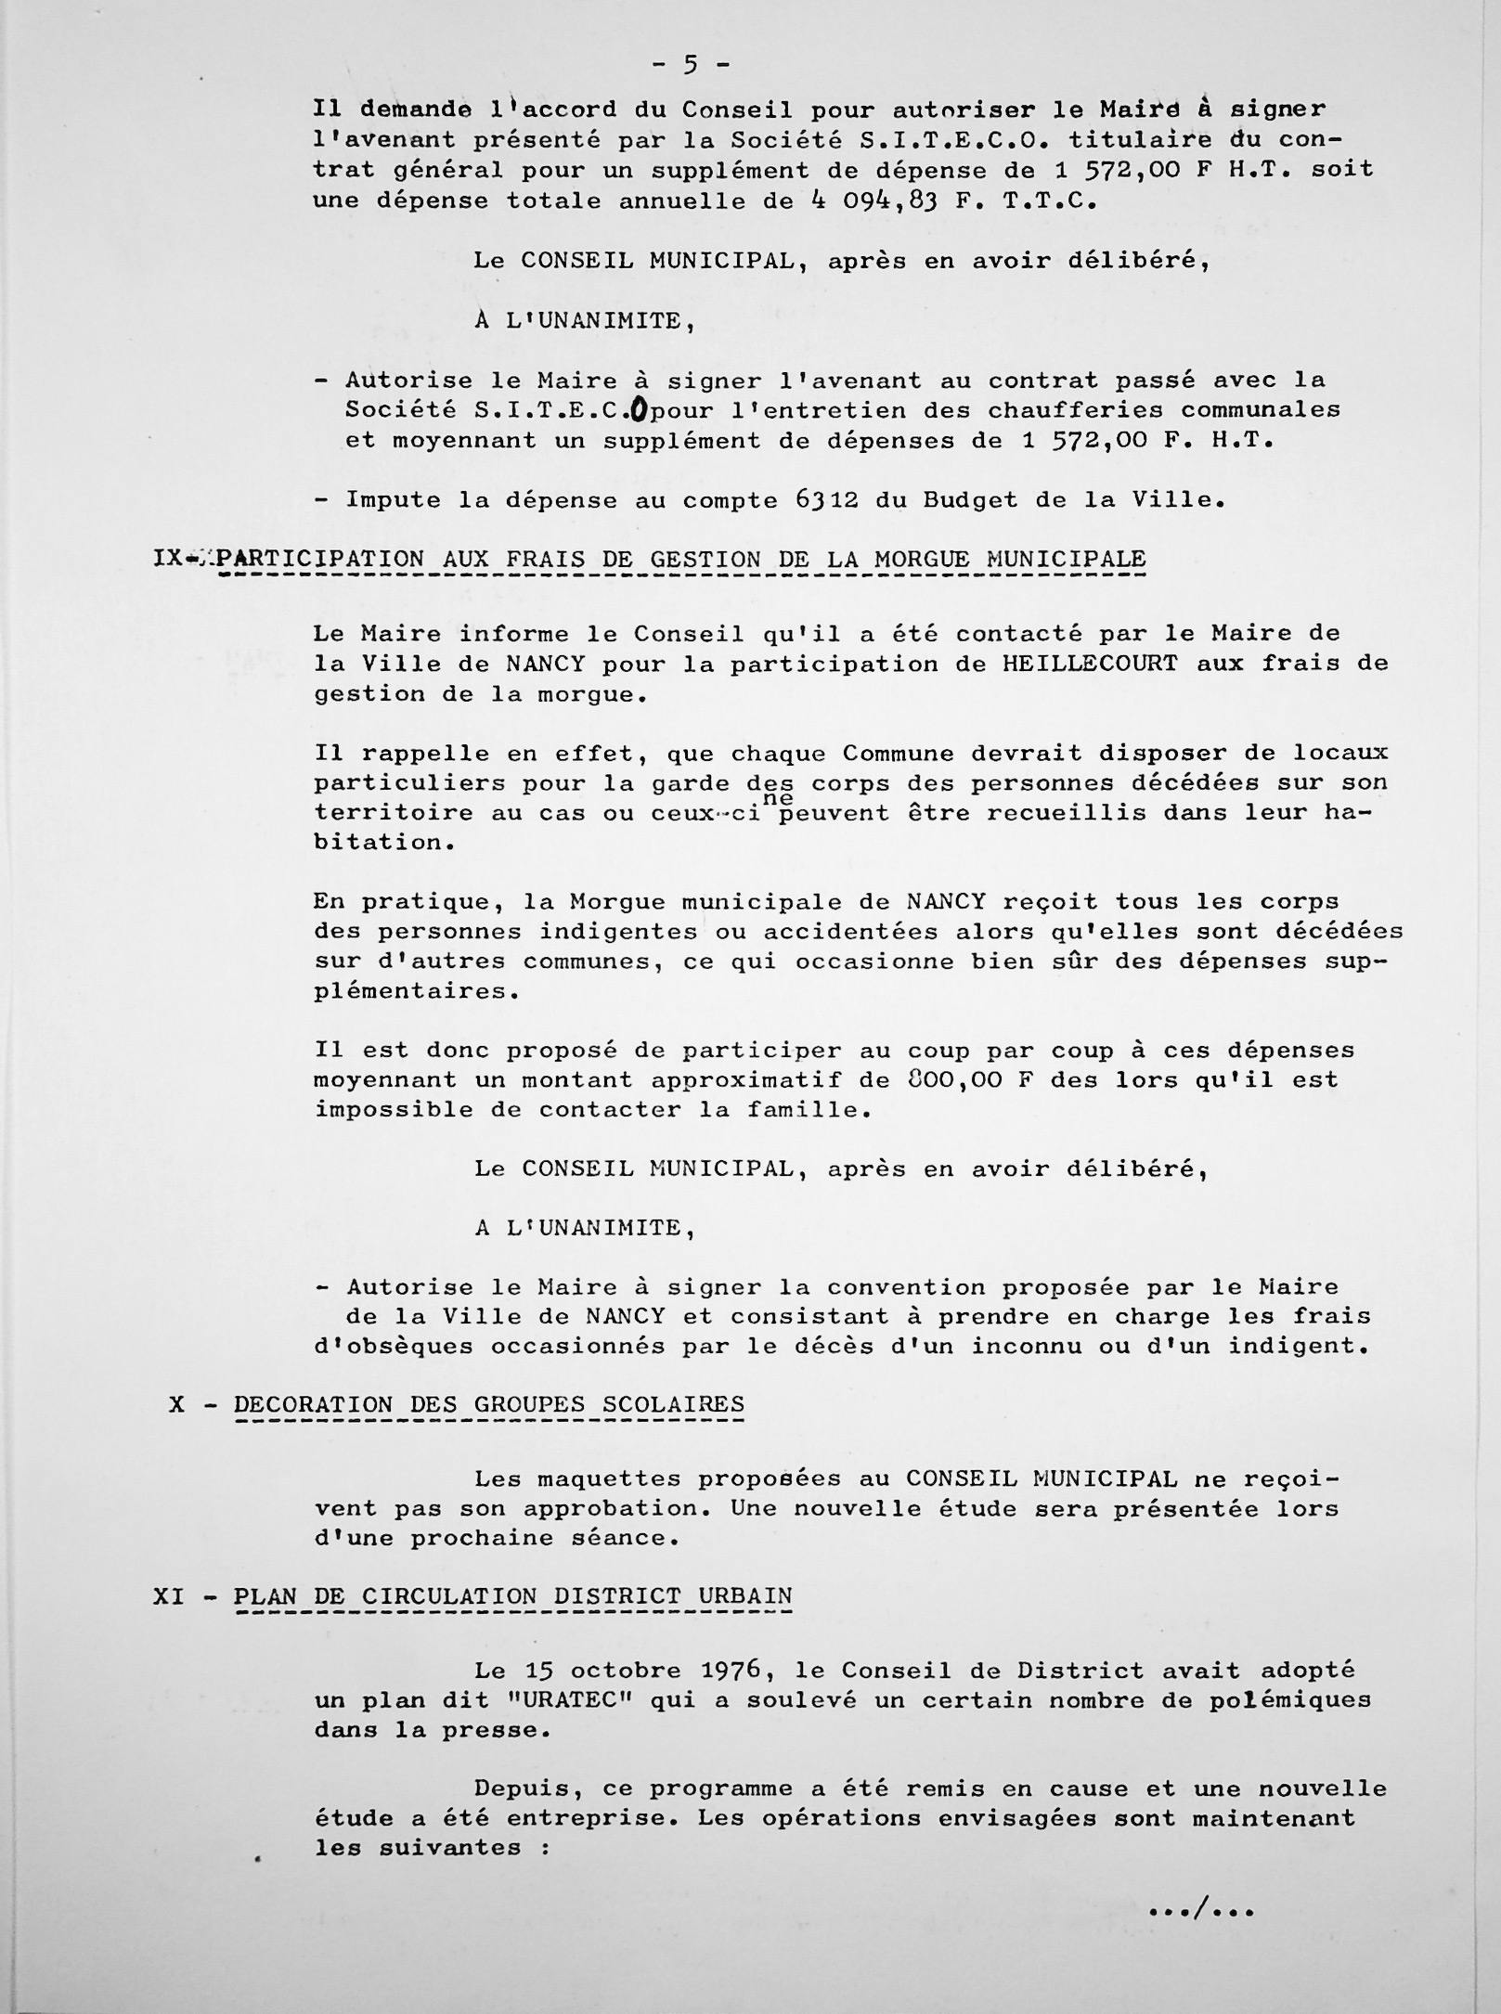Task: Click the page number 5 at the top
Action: pyautogui.click(x=691, y=64)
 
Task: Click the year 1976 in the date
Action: pyautogui.click(x=738, y=1670)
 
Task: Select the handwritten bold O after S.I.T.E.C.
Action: pyautogui.click(x=638, y=409)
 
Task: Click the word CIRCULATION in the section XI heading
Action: pyautogui.click(x=449, y=1596)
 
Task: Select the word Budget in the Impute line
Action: pyautogui.click(x=970, y=499)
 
